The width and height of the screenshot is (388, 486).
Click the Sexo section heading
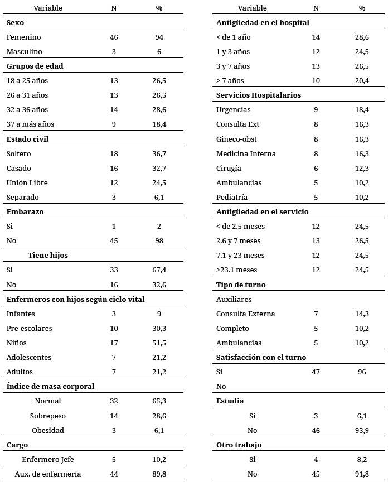coord(16,22)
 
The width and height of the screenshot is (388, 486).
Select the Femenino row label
coord(23,37)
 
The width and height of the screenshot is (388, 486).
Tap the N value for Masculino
coord(114,51)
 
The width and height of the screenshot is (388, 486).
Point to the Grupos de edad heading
coord(35,66)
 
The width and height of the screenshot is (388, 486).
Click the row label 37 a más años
coord(30,124)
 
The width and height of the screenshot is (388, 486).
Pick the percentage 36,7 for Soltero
coord(159,153)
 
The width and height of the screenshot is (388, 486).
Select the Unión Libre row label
coord(27,182)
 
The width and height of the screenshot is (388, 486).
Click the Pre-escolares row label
coord(29,328)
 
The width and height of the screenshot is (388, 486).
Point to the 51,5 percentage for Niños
coord(159,343)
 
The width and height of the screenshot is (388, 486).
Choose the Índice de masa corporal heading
coord(50,386)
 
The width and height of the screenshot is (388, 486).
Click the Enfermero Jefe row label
coord(47,459)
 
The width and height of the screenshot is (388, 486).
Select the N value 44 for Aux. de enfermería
coord(114,474)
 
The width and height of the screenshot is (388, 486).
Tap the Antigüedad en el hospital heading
coord(263,22)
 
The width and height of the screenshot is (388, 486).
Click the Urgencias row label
coord(233,110)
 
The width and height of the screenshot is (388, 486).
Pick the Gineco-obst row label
coord(236,139)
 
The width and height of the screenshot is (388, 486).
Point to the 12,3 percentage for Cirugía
coord(362,168)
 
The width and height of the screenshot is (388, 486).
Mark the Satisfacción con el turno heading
coord(261,357)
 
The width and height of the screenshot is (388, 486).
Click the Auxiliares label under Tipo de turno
coord(234,299)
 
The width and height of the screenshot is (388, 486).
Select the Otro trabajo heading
coord(239,445)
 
